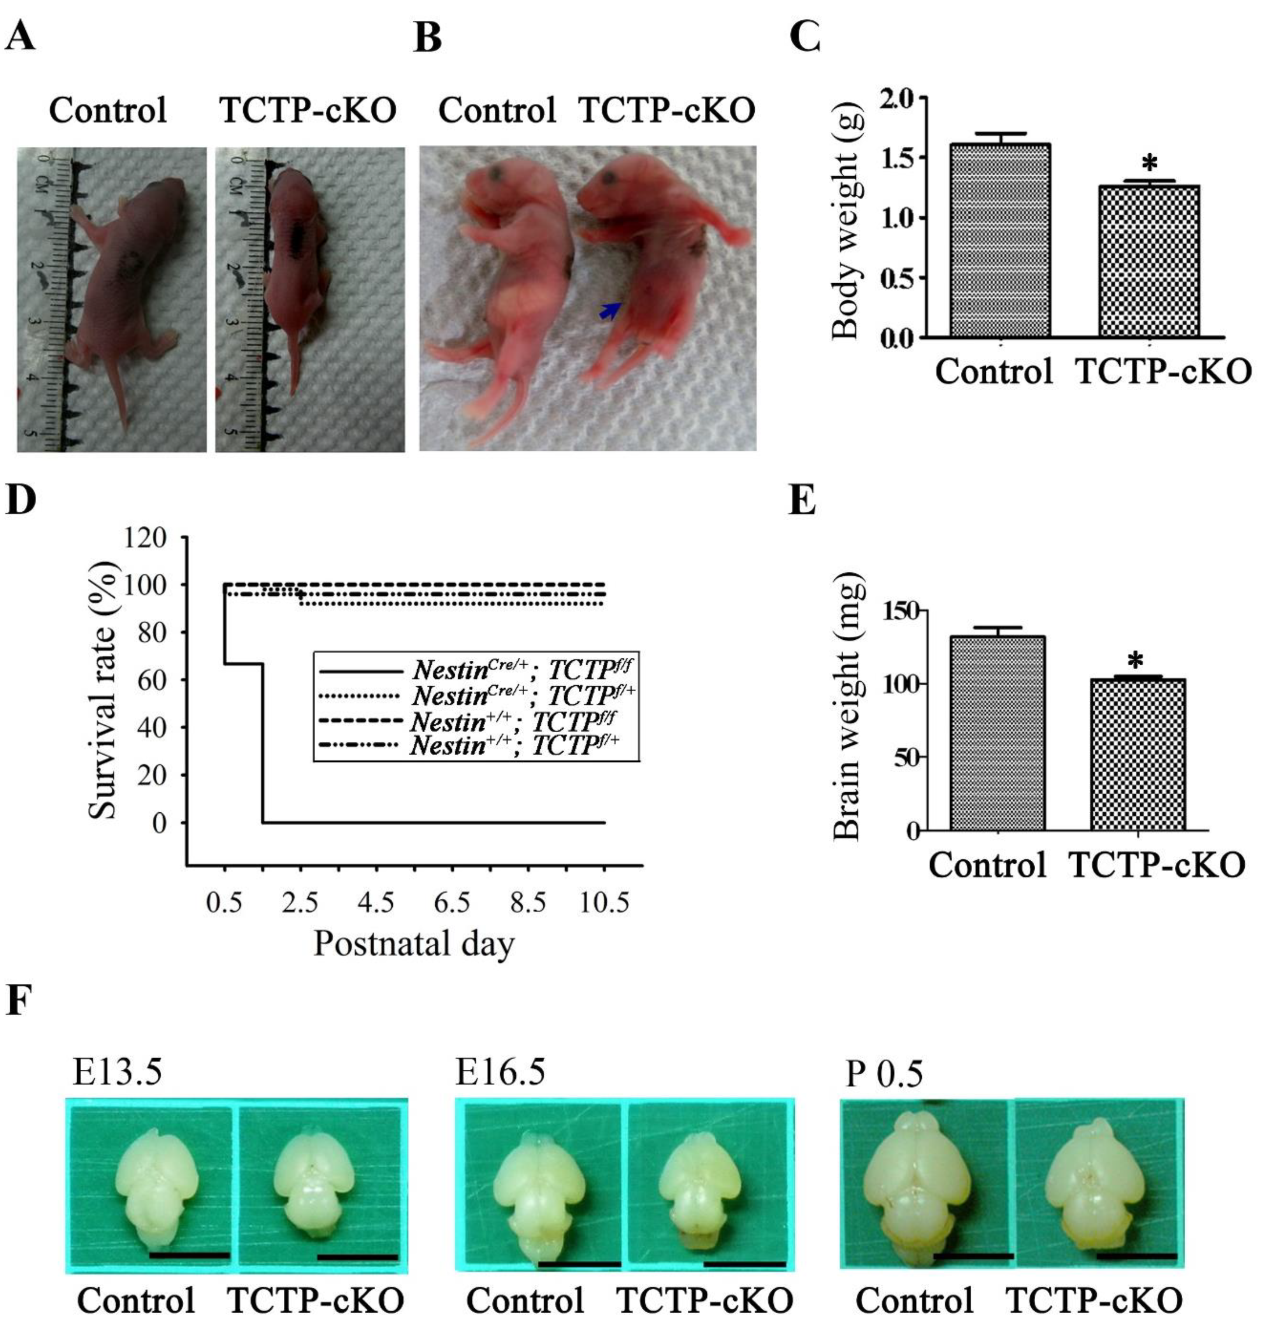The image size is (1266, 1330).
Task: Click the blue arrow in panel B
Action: click(x=610, y=311)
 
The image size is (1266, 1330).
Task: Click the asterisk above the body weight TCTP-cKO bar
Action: click(x=1149, y=164)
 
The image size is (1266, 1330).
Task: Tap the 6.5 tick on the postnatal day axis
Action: click(x=451, y=903)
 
